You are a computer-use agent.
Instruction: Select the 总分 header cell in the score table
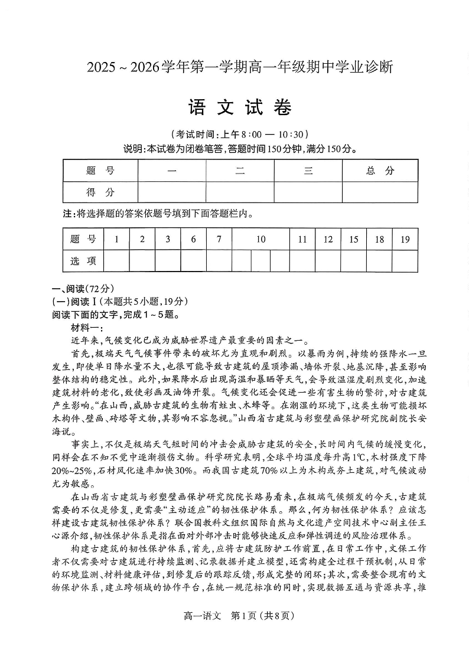point(380,171)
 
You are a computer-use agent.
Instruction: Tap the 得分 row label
point(100,192)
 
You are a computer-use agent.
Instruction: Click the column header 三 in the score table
point(308,171)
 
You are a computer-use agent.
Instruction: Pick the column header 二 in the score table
point(240,171)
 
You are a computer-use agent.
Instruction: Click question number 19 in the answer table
point(405,239)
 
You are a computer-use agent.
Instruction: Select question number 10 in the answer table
point(260,239)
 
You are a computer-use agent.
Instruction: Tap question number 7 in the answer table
point(219,239)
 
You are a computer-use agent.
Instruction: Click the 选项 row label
point(83,260)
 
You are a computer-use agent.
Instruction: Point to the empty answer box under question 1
point(116,260)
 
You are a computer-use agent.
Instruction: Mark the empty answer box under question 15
point(353,260)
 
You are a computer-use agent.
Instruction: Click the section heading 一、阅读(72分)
point(82,289)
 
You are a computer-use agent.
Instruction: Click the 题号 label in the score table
point(100,171)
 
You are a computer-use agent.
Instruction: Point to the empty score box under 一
point(172,192)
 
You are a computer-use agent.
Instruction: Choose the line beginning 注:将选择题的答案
point(158,213)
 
